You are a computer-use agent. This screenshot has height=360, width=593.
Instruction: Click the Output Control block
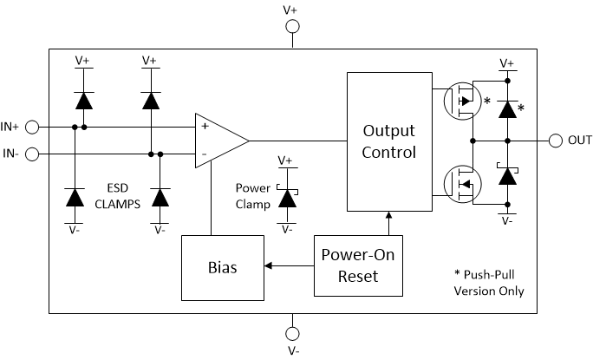coord(388,141)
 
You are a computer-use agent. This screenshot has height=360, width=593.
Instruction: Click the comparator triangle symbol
coord(219,141)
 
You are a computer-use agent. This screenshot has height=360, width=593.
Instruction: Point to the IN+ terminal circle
coord(32,128)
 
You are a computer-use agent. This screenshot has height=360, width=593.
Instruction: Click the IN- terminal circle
coord(32,154)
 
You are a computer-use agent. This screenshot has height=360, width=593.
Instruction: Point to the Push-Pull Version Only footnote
coord(489,282)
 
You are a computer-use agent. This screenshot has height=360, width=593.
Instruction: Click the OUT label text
coord(579,141)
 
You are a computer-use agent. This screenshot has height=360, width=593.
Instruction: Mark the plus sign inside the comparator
coord(205,127)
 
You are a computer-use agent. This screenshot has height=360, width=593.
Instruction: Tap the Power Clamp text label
coord(253,195)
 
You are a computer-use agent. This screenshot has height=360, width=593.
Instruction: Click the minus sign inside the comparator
coord(205,154)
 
